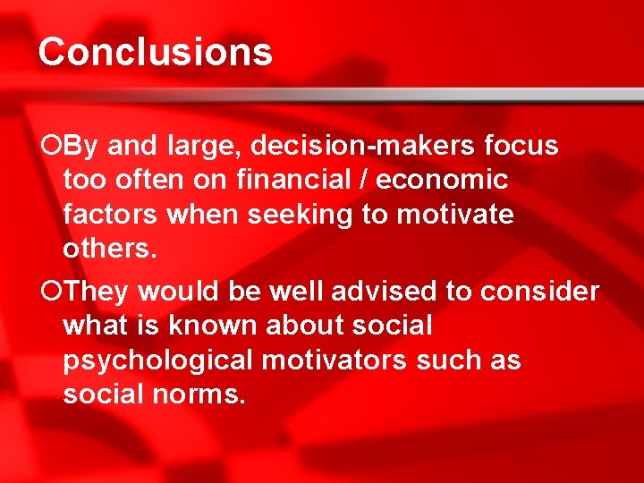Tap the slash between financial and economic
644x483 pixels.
(x=364, y=180)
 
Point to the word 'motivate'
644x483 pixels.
(x=455, y=215)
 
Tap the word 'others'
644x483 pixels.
(x=110, y=249)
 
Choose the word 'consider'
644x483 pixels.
(x=540, y=292)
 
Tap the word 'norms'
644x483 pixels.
(x=198, y=394)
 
